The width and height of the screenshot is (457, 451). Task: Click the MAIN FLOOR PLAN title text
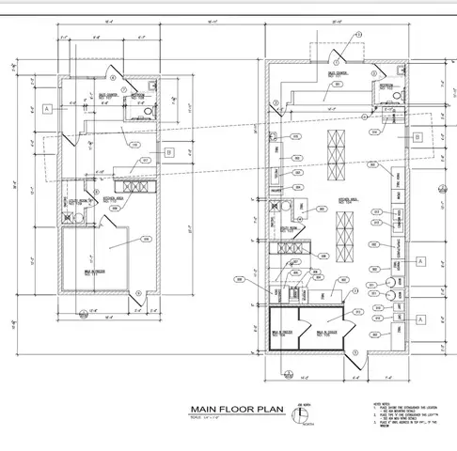click(234, 409)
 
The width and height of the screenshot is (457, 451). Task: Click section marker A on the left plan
click(45, 109)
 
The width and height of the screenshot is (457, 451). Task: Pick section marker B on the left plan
click(168, 151)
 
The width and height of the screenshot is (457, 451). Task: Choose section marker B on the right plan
click(415, 135)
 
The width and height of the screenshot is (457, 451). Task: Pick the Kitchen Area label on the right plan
click(347, 200)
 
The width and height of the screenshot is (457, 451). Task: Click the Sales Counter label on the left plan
click(107, 94)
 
